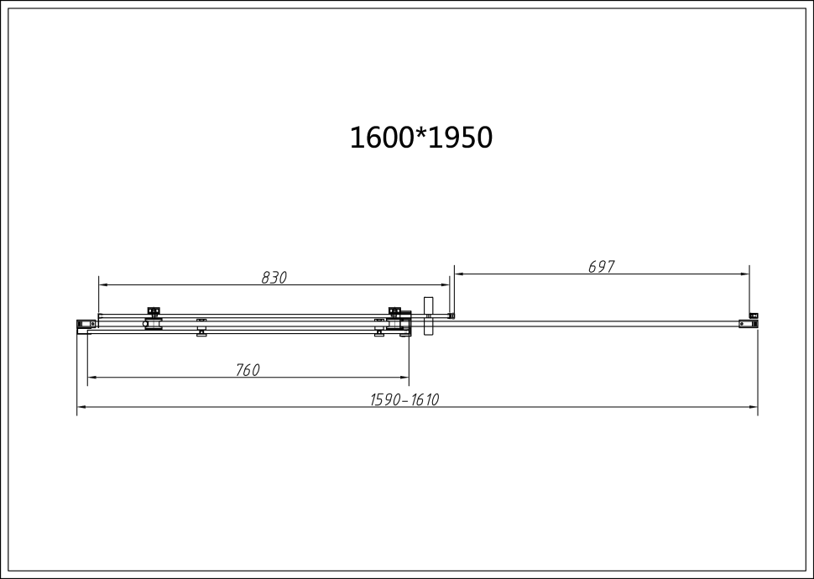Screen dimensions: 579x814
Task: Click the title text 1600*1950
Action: [x=420, y=138]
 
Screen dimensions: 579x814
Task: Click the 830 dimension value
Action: [x=274, y=278]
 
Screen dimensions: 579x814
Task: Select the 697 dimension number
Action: [x=602, y=267]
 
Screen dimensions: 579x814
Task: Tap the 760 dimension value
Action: [x=248, y=370]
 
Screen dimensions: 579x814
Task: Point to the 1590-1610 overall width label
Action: [x=404, y=400]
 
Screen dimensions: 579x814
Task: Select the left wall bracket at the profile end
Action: [x=85, y=324]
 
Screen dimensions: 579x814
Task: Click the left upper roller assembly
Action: [x=154, y=311]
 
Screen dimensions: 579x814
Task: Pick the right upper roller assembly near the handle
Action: [x=394, y=311]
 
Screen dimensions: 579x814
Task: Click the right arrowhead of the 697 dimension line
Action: [x=745, y=274]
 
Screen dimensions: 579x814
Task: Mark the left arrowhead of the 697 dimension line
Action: [x=457, y=274]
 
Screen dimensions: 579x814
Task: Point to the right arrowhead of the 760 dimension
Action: [x=404, y=378]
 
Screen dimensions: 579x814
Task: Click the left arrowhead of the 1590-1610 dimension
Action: [x=81, y=407]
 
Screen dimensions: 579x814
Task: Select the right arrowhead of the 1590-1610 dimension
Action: [x=754, y=407]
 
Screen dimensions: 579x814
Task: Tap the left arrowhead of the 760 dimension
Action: [x=91, y=378]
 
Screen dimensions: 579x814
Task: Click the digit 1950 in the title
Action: [x=460, y=138]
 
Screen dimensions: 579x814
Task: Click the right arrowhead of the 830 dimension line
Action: [x=445, y=285]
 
